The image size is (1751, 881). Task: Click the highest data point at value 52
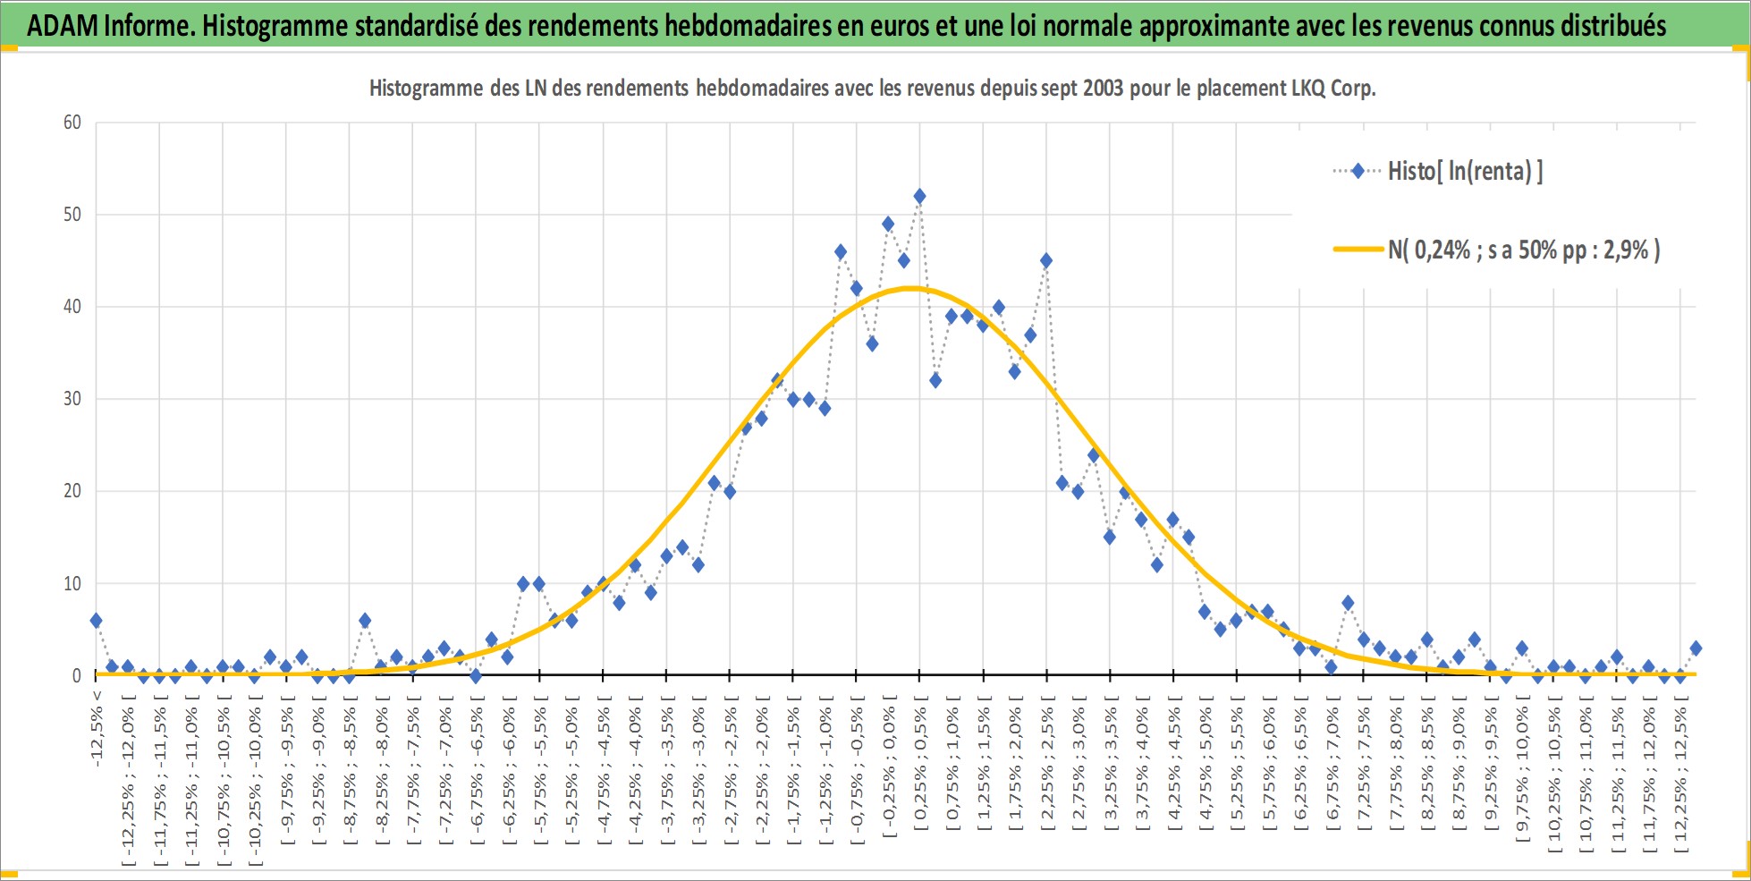(x=919, y=197)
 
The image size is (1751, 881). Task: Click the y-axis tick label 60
(x=72, y=123)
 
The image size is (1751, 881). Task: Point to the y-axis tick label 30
(x=72, y=399)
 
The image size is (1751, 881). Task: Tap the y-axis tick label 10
(x=72, y=583)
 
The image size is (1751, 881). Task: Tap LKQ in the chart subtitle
(x=1310, y=88)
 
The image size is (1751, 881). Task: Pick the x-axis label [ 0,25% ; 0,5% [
(x=920, y=769)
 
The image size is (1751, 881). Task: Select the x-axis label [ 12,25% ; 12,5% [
(x=1681, y=779)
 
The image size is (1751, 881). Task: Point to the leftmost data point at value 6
(x=96, y=621)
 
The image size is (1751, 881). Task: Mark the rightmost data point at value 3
(x=1696, y=648)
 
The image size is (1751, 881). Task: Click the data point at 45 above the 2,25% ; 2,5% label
(x=1046, y=261)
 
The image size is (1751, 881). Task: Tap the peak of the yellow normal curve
(x=911, y=288)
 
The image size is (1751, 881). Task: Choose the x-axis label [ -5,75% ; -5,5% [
(x=539, y=774)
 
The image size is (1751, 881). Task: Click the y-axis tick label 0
(x=77, y=676)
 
